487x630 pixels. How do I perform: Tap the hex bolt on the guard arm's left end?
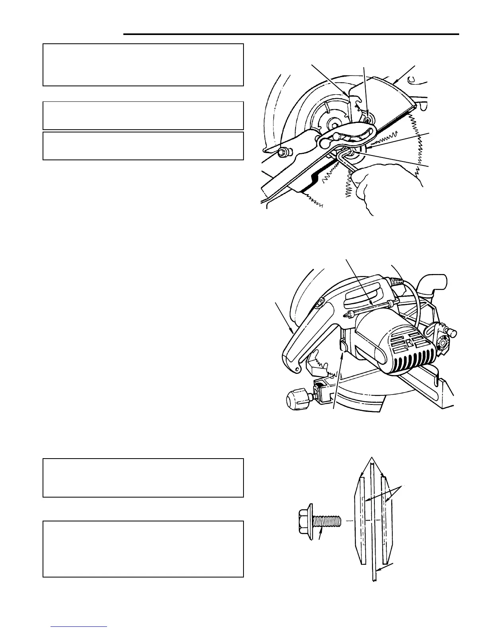(283, 152)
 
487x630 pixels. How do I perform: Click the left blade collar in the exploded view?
(360, 521)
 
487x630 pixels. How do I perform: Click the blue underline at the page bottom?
(79, 626)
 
